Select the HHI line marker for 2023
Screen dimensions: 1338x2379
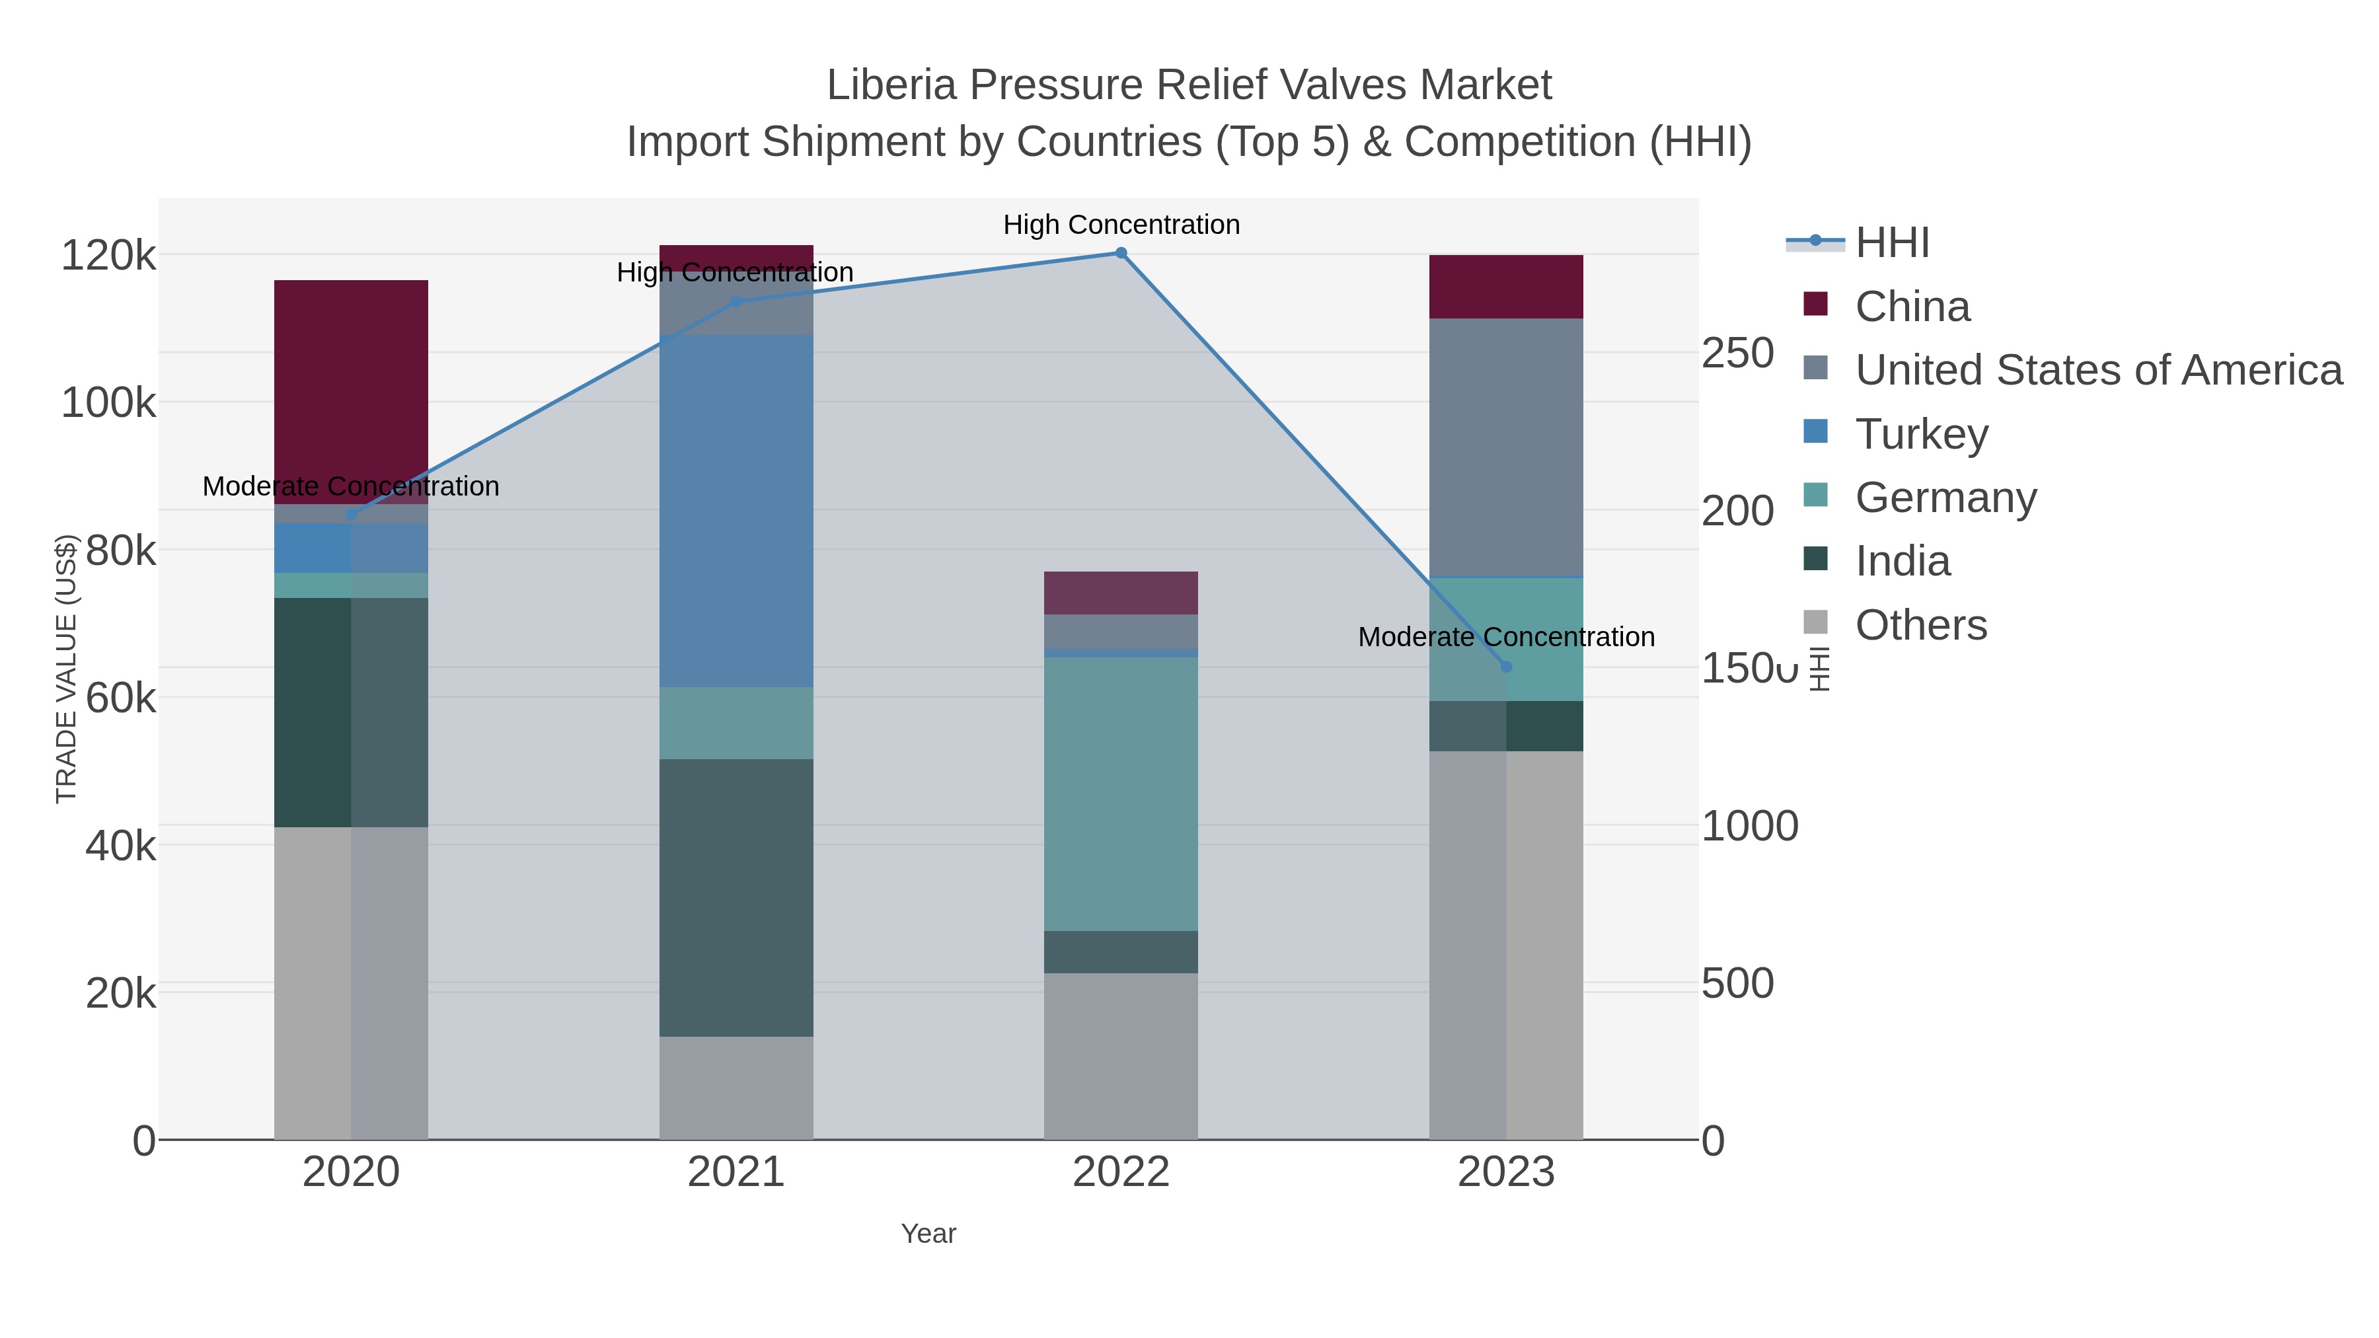point(1506,667)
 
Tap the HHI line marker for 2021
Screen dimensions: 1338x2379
point(736,302)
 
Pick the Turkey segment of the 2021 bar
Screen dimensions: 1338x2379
point(736,511)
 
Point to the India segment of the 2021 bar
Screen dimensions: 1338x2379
point(736,897)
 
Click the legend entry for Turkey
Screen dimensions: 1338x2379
point(1921,434)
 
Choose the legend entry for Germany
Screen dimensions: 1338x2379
point(1945,498)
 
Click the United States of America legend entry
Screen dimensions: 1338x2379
point(2097,370)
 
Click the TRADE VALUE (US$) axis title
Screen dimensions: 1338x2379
point(67,669)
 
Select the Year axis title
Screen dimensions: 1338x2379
point(928,1234)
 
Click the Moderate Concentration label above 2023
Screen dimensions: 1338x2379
point(1506,637)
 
